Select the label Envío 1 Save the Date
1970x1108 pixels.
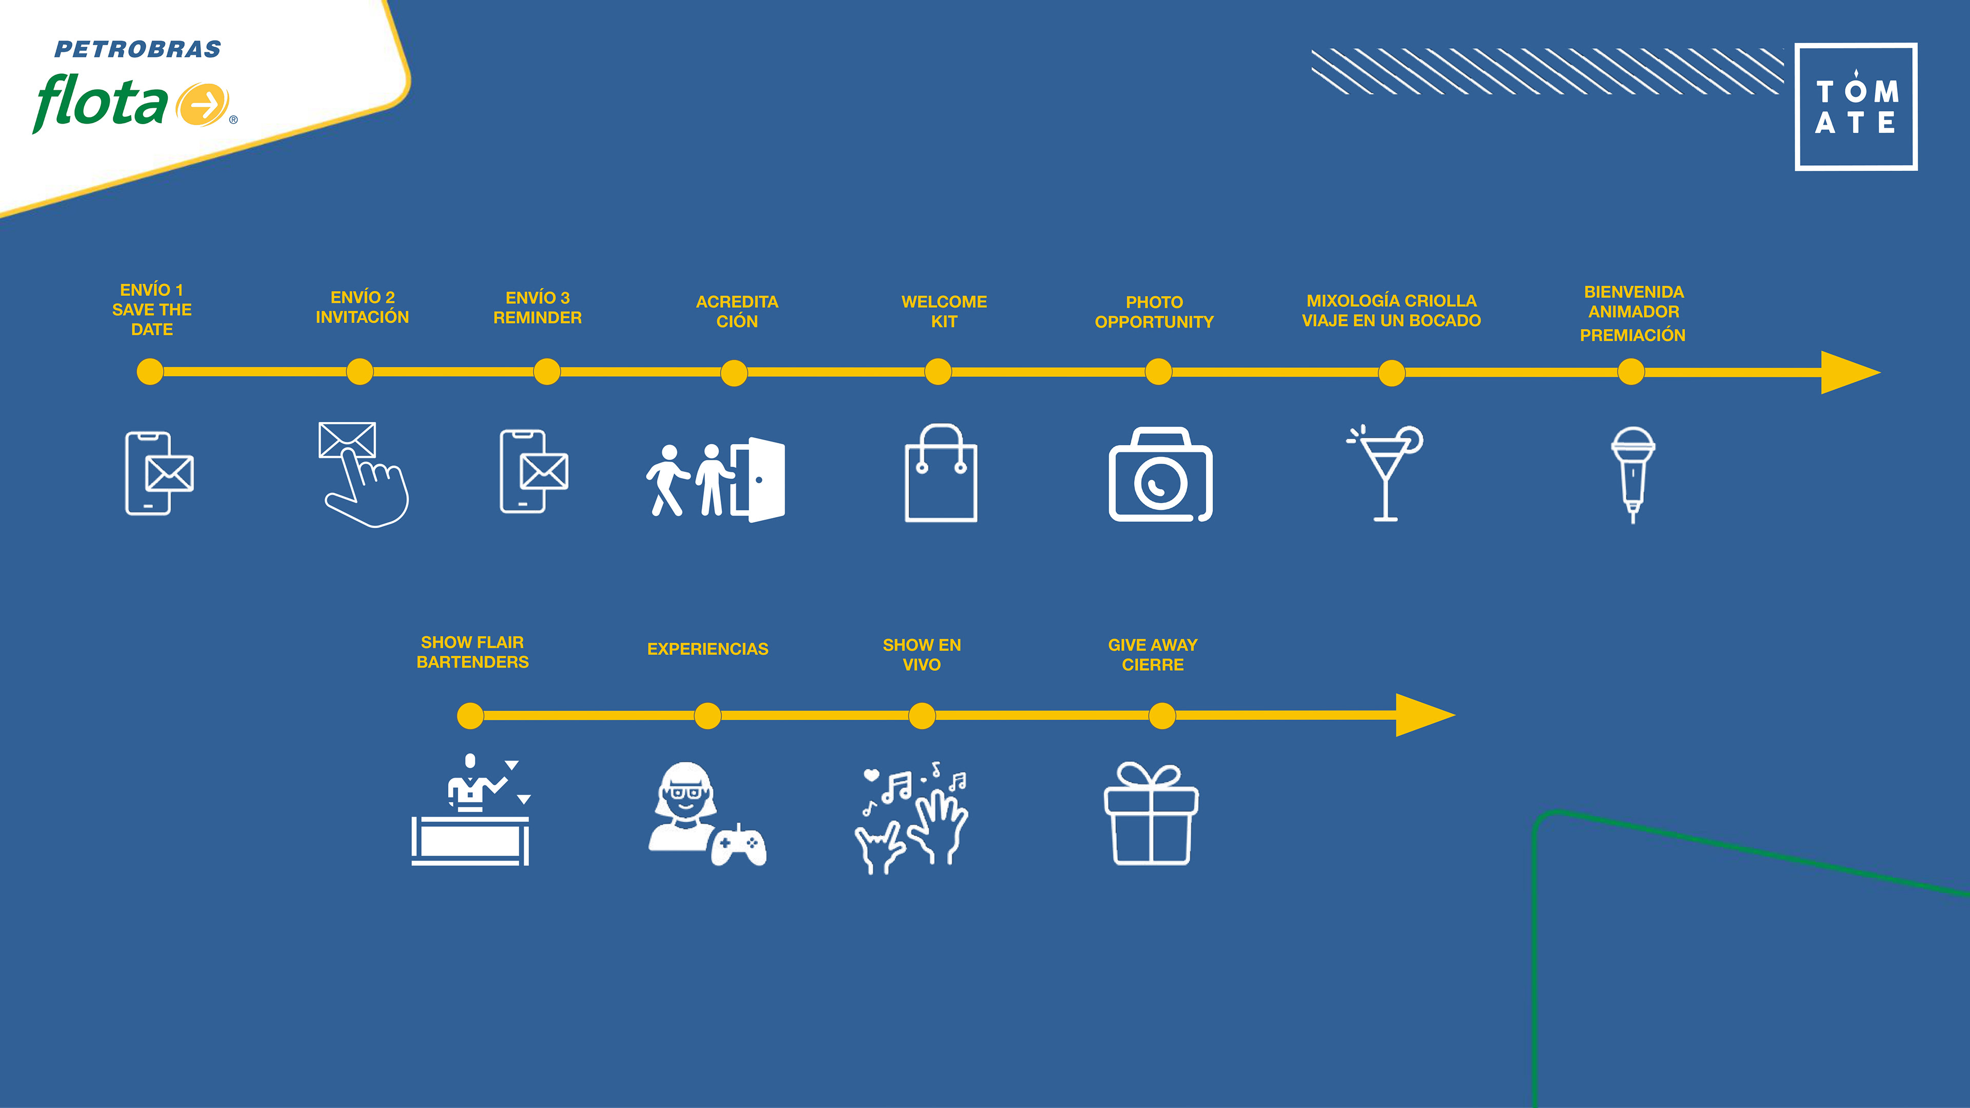(x=151, y=310)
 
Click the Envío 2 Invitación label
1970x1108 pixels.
(x=363, y=307)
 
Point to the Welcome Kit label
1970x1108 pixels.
(x=944, y=311)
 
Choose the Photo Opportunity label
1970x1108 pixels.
(x=1154, y=312)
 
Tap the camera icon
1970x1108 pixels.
(x=1160, y=476)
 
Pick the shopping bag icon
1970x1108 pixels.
(x=941, y=474)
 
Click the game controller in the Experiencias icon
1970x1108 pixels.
(x=738, y=845)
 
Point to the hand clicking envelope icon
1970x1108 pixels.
(x=363, y=474)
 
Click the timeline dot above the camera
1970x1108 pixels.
(x=1158, y=372)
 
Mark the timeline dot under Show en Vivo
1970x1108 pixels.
(x=921, y=716)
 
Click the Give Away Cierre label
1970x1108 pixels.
(x=1152, y=655)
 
